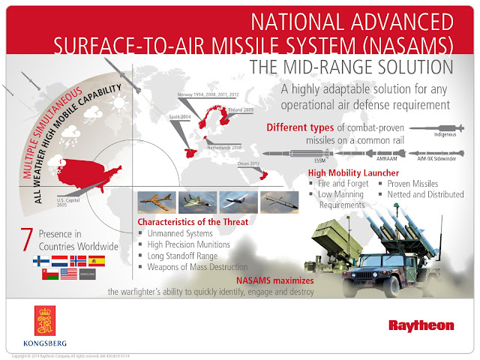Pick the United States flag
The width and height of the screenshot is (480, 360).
pos(68,275)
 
